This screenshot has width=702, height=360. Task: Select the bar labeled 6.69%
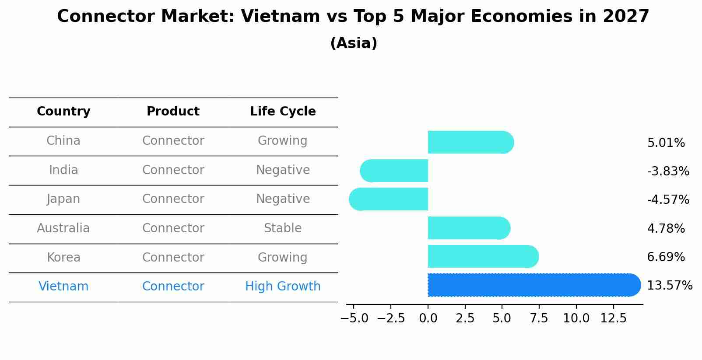coord(481,257)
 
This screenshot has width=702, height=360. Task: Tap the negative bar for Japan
coord(390,199)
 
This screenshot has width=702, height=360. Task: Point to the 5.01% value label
coord(666,143)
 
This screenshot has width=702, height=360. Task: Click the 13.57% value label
coord(669,286)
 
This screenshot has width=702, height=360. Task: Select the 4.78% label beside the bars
coord(666,228)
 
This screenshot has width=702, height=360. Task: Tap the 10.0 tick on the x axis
coord(576,318)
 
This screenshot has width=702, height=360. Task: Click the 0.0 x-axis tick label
coord(428,318)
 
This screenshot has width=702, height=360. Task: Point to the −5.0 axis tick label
coord(354,318)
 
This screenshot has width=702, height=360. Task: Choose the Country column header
coord(63,112)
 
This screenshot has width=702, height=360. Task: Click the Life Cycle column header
coord(283,112)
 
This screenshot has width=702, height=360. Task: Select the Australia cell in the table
coord(63,228)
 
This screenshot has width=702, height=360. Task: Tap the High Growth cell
coord(283,287)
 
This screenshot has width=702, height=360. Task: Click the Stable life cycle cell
coord(283,228)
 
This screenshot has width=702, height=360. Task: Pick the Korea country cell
coord(63,258)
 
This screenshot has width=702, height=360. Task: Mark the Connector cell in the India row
coord(173,170)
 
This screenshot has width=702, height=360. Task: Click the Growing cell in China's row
coord(283,141)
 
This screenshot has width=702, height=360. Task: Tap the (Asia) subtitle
coord(354,43)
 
